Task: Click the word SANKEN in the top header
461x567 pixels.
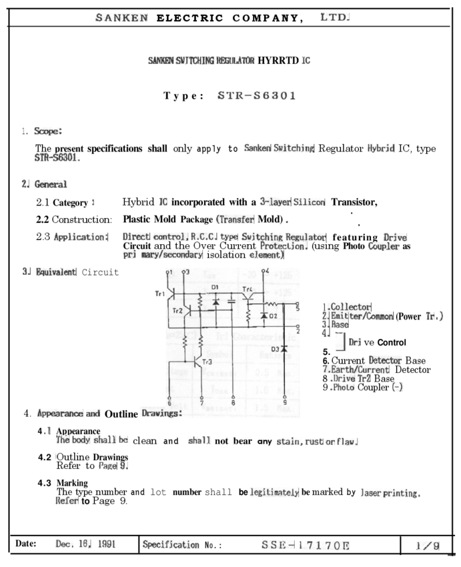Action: (121, 18)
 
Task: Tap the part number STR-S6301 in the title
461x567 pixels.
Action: (257, 95)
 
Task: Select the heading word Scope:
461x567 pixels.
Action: (48, 131)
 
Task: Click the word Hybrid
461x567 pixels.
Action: (381, 148)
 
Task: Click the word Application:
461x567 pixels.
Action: (81, 237)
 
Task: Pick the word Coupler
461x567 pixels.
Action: (384, 246)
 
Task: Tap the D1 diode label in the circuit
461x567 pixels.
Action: (215, 287)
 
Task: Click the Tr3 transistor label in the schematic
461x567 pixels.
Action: (209, 362)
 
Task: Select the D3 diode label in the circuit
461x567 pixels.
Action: (275, 349)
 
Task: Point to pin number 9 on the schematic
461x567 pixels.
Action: (285, 403)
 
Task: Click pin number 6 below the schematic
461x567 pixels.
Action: (169, 403)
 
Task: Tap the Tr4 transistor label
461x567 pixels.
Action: (247, 289)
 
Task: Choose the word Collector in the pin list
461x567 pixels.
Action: (351, 306)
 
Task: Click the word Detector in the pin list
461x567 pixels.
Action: (385, 360)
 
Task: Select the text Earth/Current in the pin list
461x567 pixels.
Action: (360, 370)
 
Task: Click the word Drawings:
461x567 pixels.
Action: (161, 414)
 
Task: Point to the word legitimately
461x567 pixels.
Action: (274, 492)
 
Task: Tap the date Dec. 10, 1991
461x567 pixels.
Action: (86, 544)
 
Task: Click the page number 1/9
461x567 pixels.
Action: (428, 546)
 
